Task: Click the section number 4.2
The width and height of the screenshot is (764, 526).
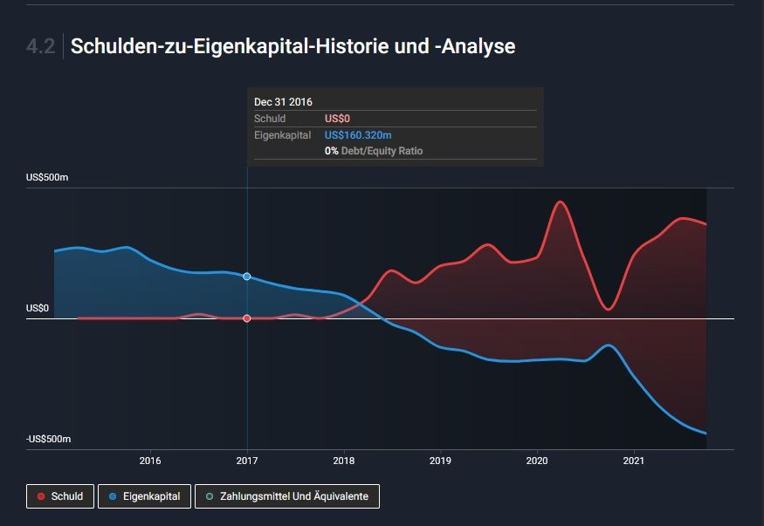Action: (x=41, y=47)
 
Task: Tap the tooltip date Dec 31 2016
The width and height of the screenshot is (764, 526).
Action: (x=283, y=102)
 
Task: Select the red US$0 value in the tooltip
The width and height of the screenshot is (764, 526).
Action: (x=337, y=119)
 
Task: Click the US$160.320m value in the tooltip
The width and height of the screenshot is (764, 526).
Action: (x=357, y=135)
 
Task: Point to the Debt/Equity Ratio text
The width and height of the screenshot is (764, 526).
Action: (x=382, y=151)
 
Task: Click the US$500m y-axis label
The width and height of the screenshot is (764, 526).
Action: (x=47, y=178)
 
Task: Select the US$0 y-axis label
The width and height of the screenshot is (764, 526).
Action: (x=38, y=309)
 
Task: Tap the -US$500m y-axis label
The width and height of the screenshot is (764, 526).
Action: (x=47, y=439)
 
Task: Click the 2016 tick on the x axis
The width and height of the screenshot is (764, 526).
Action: (x=150, y=461)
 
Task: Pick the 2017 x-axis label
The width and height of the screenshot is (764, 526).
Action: (x=247, y=461)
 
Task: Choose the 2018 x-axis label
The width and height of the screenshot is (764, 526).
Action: (x=344, y=461)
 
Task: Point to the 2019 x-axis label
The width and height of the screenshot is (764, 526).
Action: (x=440, y=461)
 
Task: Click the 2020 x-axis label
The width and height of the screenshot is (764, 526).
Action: (x=537, y=461)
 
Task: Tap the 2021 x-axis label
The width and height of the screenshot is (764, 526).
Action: (x=634, y=461)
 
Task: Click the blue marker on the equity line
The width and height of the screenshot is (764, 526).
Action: (x=247, y=277)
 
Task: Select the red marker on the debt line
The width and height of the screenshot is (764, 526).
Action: (x=247, y=318)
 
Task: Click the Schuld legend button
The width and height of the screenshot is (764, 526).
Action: (x=60, y=496)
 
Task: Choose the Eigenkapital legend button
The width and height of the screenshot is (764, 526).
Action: (x=145, y=496)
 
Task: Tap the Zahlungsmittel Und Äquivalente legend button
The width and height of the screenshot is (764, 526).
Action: (x=287, y=496)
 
